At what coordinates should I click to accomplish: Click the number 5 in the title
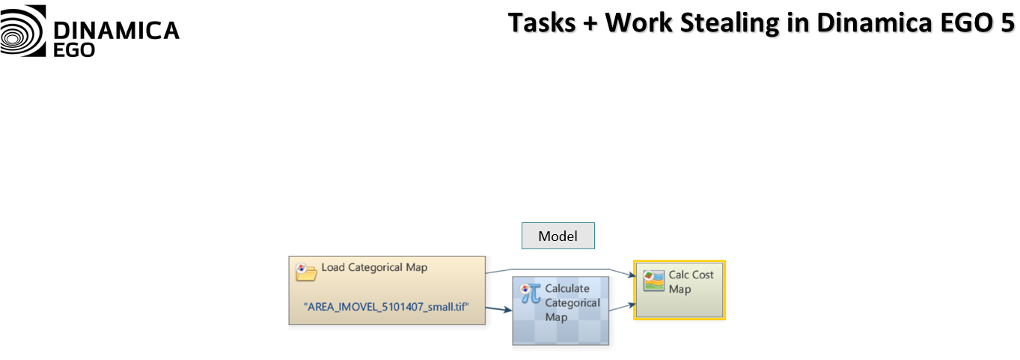[x=1006, y=22]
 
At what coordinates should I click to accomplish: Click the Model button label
[x=558, y=237]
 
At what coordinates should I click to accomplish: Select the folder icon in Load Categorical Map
[x=307, y=271]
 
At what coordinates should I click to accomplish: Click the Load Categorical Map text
[x=374, y=267]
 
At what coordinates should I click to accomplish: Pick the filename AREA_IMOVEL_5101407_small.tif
[x=386, y=307]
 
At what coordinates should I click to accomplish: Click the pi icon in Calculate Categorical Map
[x=531, y=293]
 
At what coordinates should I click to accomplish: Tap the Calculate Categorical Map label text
[x=572, y=302]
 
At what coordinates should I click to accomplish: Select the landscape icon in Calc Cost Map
[x=654, y=281]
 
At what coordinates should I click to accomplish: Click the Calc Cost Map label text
[x=691, y=281]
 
